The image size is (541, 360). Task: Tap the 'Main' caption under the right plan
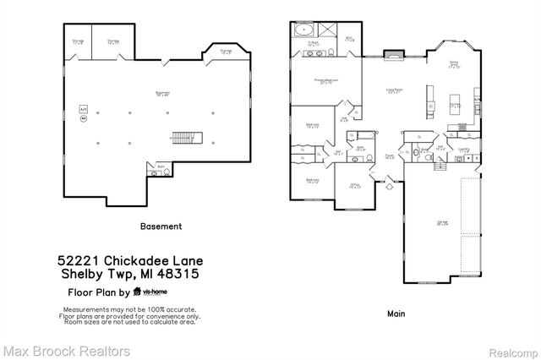coord(396,314)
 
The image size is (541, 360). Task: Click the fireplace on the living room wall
coord(393,56)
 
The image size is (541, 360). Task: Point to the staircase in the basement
coord(184,136)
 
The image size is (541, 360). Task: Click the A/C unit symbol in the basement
coord(83,109)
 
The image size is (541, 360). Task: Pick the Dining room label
coord(453,63)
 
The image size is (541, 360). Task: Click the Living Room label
coord(393,92)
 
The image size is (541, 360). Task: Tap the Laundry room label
coord(463,153)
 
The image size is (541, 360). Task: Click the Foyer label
coord(391,156)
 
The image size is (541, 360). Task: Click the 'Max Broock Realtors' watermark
coord(66,349)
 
